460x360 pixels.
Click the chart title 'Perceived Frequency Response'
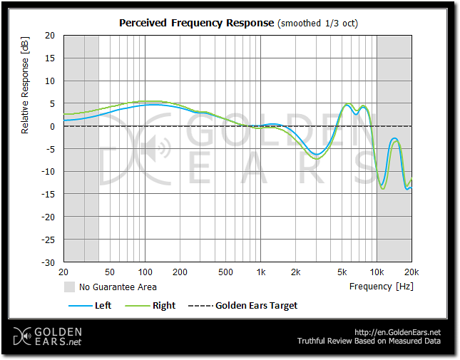pyautogui.click(x=195, y=23)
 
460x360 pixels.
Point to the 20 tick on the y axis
pyautogui.click(x=50, y=35)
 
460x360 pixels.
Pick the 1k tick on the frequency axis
pyautogui.click(x=261, y=272)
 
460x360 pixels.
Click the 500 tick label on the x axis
pyautogui.click(x=225, y=272)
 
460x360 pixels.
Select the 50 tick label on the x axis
pyautogui.click(x=110, y=272)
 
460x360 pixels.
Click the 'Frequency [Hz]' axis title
pyautogui.click(x=381, y=287)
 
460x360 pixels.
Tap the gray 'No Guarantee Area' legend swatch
pyautogui.click(x=69, y=287)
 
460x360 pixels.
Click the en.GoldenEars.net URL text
pyautogui.click(x=397, y=332)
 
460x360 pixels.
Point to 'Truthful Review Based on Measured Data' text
pyautogui.click(x=369, y=341)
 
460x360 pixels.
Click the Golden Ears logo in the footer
pyautogui.click(x=48, y=336)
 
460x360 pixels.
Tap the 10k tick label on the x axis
pyautogui.click(x=377, y=272)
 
